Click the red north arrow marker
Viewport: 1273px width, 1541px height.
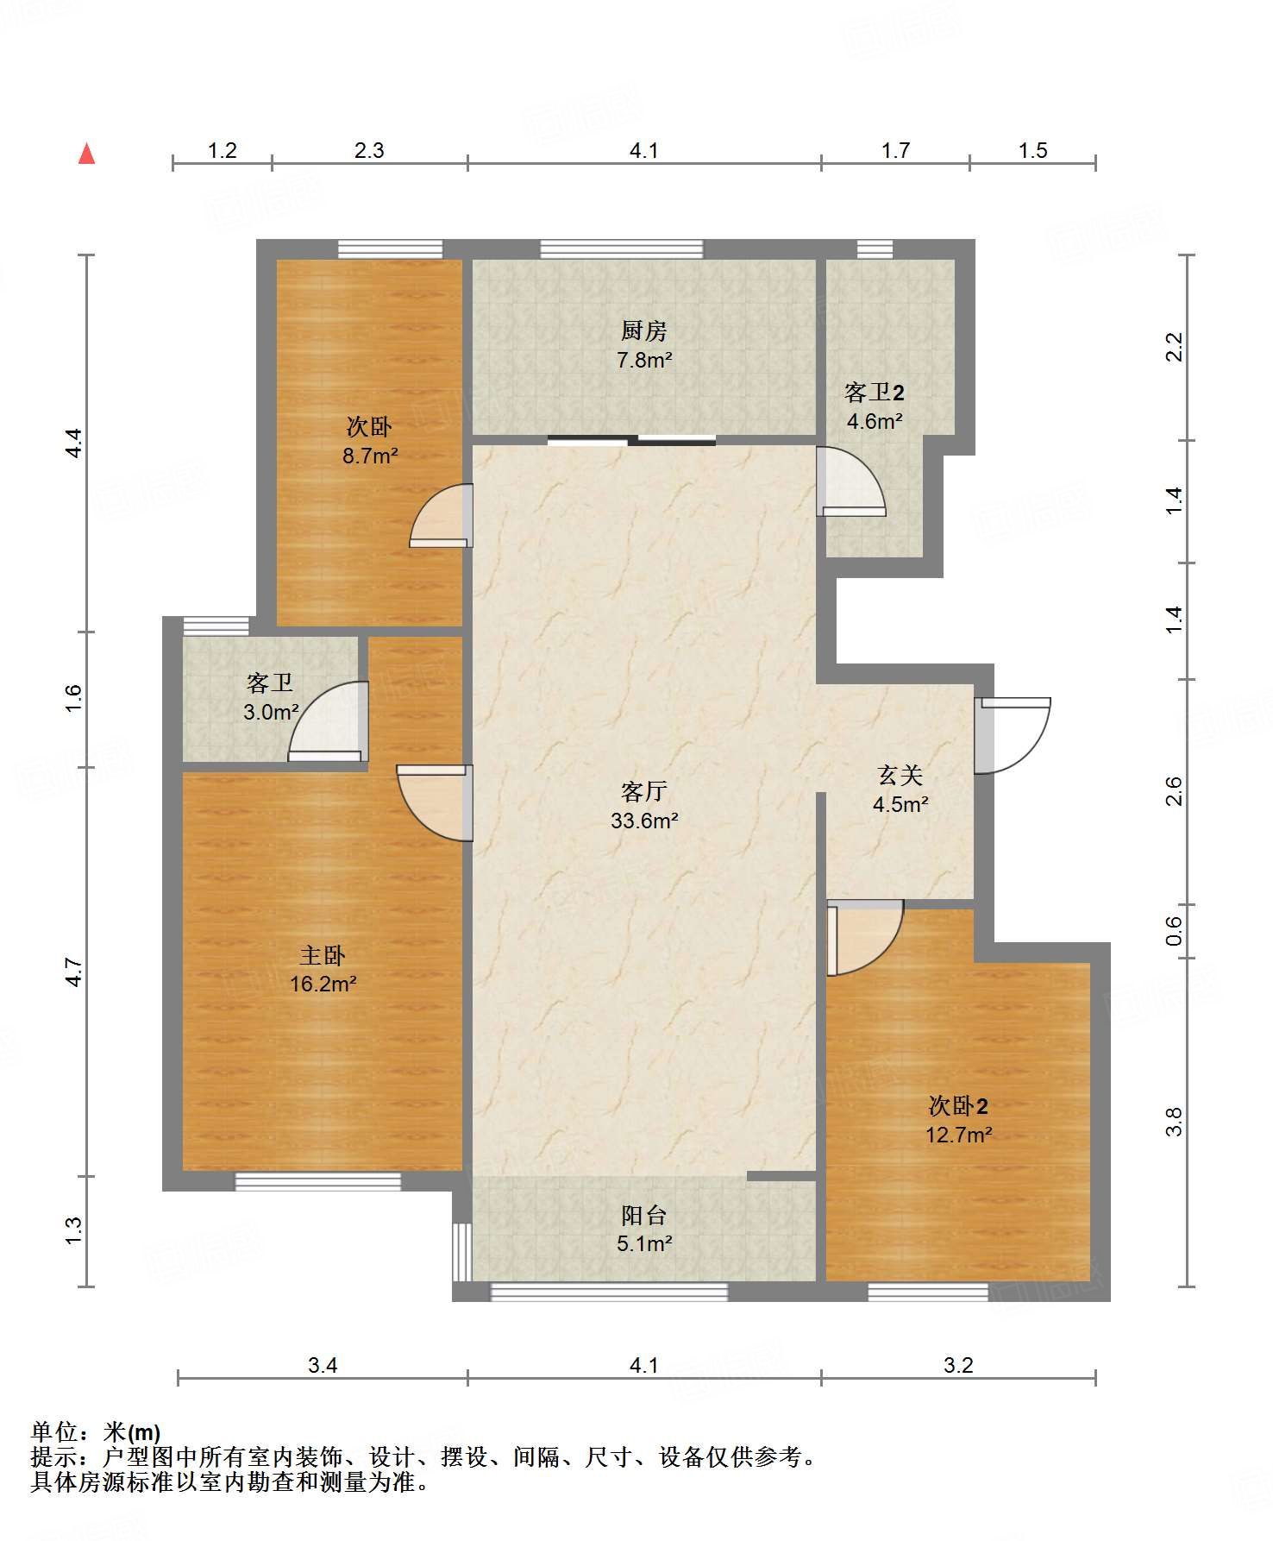pos(86,154)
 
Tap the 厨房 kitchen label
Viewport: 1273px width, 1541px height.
pos(643,330)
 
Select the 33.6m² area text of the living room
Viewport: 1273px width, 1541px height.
pos(644,821)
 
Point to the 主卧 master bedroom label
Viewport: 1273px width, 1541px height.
pos(323,955)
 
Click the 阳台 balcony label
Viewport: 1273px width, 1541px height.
pos(643,1216)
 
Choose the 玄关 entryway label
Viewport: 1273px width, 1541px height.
pos(900,775)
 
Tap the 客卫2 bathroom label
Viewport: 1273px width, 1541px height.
pos(875,393)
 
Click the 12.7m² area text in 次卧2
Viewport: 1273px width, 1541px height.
pos(958,1135)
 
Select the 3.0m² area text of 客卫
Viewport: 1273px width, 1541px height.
pos(271,712)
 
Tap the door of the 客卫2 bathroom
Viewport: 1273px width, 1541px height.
pos(850,481)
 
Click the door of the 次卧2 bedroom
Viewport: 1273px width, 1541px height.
pos(865,938)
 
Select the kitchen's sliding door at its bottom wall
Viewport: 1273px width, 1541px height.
pos(631,441)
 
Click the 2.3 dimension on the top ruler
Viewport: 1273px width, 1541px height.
pos(369,151)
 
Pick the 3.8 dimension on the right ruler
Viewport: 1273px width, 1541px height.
pos(1174,1122)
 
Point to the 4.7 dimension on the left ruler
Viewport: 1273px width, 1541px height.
pos(74,972)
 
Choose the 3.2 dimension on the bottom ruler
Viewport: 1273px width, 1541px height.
pos(958,1365)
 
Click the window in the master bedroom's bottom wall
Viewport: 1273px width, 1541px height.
pos(318,1182)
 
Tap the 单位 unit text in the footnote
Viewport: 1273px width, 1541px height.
pos(54,1433)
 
